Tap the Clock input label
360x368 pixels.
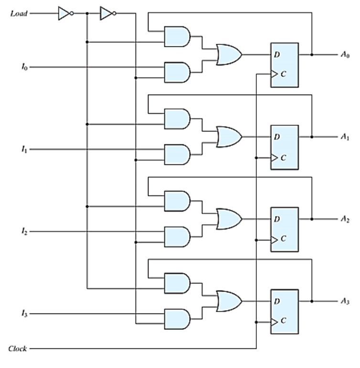(18, 348)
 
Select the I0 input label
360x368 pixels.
(24, 67)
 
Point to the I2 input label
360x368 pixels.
(24, 232)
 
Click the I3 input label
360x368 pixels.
(24, 314)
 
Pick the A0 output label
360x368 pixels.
(345, 55)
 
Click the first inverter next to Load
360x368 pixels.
(64, 13)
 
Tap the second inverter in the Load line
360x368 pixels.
(106, 13)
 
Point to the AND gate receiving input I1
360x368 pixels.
(176, 154)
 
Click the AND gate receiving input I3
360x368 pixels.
(176, 318)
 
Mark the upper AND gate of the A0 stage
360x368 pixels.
(176, 36)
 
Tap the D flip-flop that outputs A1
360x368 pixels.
(284, 147)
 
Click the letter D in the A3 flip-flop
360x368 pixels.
(277, 301)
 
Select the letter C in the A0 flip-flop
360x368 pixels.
(284, 75)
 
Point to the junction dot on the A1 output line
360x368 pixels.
(312, 137)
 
